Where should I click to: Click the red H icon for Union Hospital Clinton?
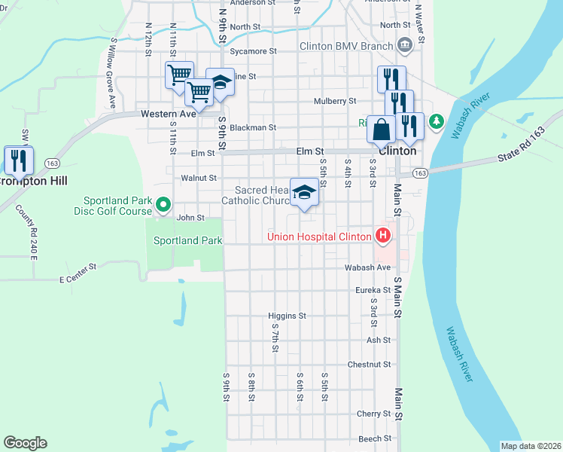(x=383, y=237)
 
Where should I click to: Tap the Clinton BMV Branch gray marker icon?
(x=404, y=45)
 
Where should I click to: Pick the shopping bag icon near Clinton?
(x=382, y=130)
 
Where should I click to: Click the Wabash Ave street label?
(x=367, y=267)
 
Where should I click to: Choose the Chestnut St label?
(x=369, y=365)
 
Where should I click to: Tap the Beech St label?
(x=375, y=438)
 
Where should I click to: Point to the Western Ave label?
(x=169, y=113)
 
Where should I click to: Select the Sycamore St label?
(x=254, y=51)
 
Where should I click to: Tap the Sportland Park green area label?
(x=187, y=241)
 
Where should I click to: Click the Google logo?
(x=25, y=443)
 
